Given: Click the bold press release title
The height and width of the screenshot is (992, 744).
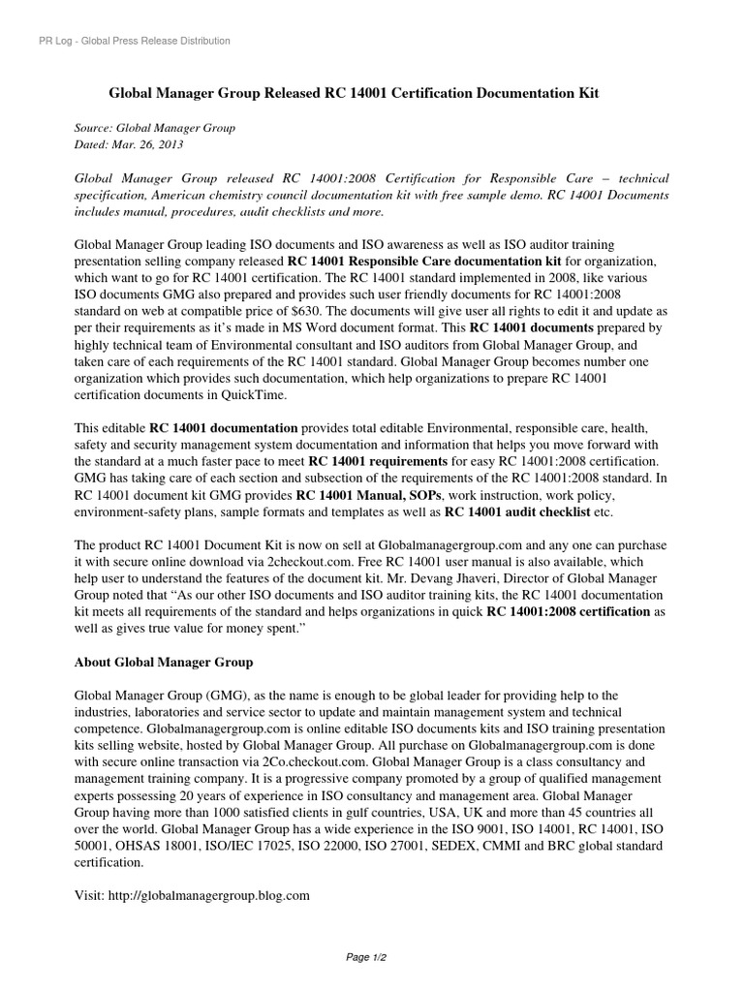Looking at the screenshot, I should point(354,93).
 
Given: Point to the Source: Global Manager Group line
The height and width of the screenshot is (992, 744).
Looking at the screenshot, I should point(155,128).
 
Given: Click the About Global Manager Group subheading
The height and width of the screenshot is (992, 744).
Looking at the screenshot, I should point(164,662).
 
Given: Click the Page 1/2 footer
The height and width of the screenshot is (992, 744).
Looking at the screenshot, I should point(371,958).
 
